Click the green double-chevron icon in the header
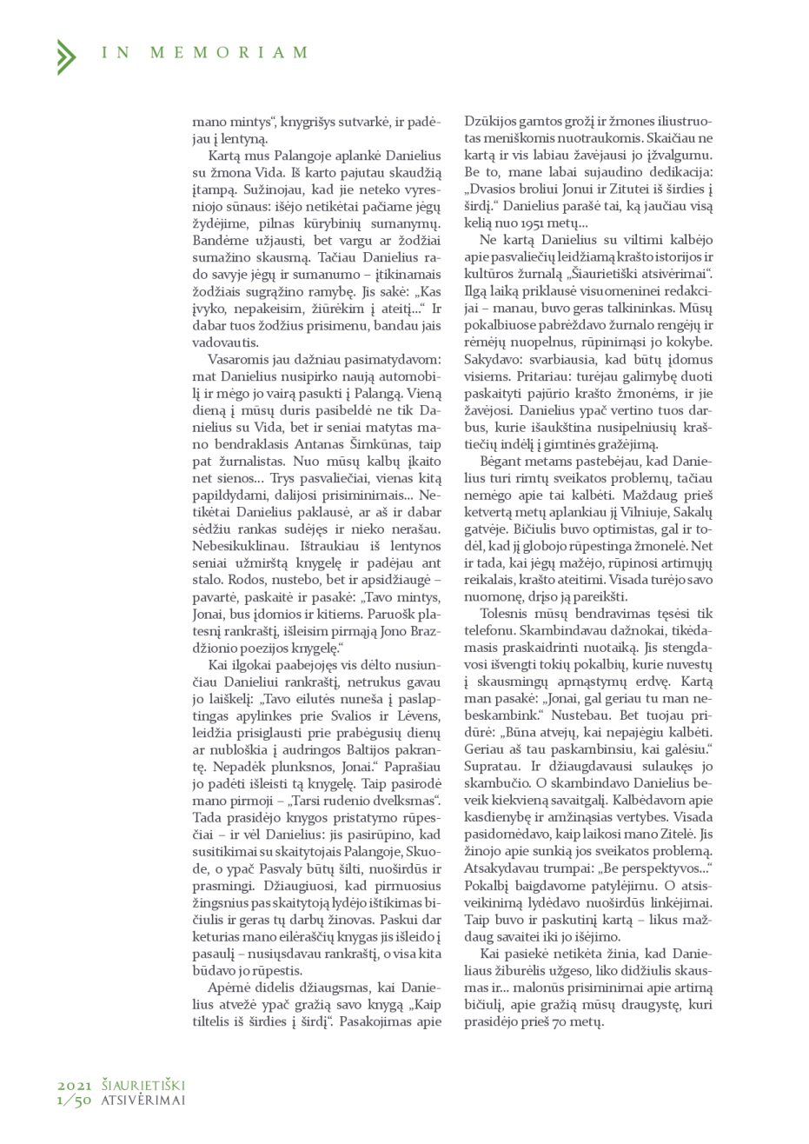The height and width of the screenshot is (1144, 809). click(x=65, y=56)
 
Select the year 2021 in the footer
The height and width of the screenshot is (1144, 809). click(x=75, y=1086)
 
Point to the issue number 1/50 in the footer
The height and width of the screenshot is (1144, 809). click(x=75, y=1100)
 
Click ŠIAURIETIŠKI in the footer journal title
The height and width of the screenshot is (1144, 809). click(x=143, y=1086)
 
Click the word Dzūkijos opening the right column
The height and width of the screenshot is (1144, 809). click(x=492, y=123)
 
